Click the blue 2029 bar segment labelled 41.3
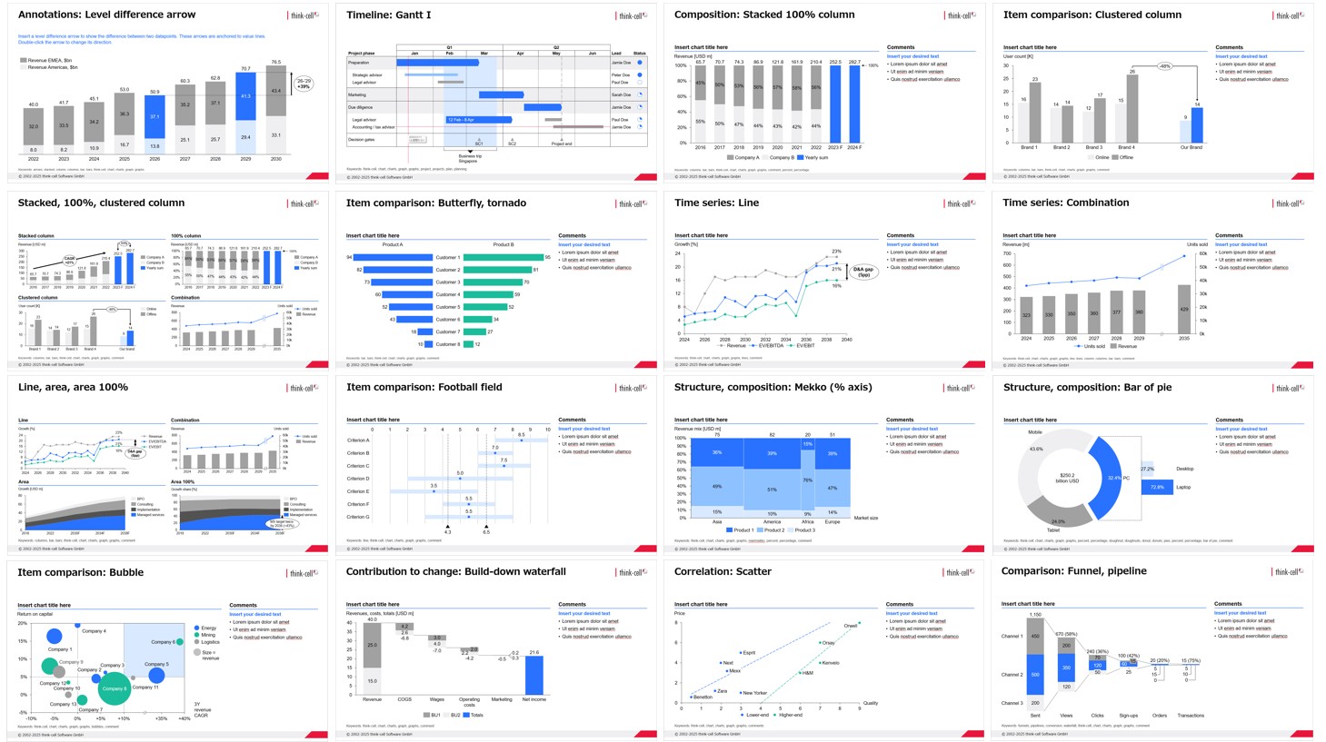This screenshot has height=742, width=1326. click(x=245, y=96)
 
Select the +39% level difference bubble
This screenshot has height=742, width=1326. click(x=304, y=84)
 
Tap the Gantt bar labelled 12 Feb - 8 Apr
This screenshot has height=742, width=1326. click(x=477, y=120)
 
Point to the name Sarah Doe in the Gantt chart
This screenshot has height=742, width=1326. click(x=621, y=94)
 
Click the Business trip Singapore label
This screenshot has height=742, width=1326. click(x=469, y=158)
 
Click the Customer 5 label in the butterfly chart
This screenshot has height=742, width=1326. click(x=448, y=307)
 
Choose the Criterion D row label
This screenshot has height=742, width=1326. click(x=358, y=479)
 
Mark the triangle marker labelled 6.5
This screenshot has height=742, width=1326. click(x=486, y=526)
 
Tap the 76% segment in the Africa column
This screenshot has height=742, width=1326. click(x=808, y=480)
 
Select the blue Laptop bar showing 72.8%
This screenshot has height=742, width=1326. click(x=1157, y=488)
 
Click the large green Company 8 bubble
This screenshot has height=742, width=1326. click(x=115, y=688)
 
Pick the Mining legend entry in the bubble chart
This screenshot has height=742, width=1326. click(x=208, y=635)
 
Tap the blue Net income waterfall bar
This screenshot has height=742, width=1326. click(x=534, y=675)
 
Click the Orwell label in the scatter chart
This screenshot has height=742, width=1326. click(x=850, y=626)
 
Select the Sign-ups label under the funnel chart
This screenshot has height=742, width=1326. click(x=1128, y=716)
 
